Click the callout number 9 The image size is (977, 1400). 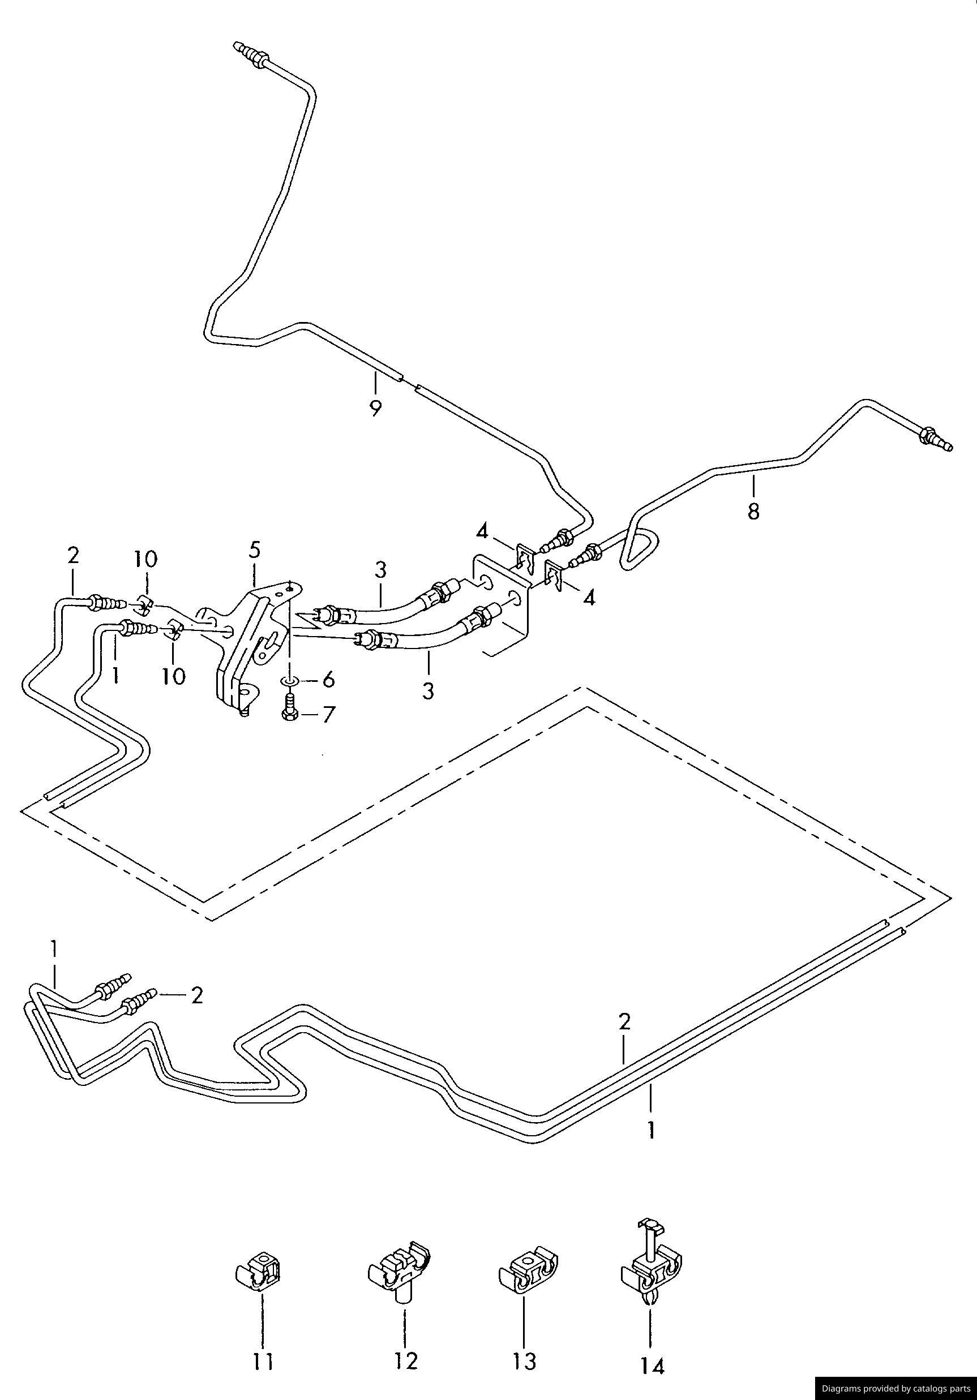[376, 408]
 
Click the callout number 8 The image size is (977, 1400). [754, 510]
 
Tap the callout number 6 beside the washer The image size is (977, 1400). [329, 679]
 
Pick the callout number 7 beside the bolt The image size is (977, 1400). [329, 714]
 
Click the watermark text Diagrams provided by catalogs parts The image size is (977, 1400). [896, 1389]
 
